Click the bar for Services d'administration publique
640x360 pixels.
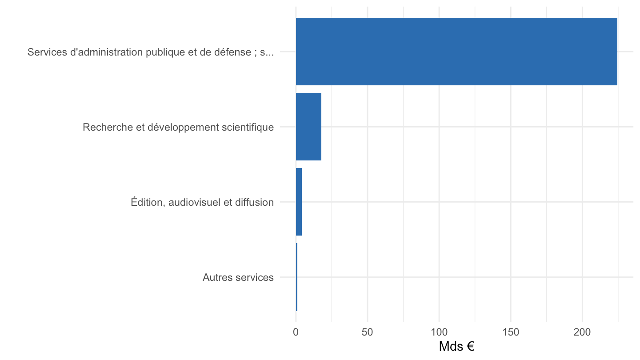pos(456,52)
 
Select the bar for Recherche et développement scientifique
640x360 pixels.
pos(308,127)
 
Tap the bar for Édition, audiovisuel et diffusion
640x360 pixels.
pos(299,202)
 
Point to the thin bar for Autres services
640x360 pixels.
pos(296,277)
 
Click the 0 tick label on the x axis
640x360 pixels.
pos(296,332)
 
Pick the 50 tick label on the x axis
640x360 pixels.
pos(367,332)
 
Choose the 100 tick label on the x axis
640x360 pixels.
pos(439,332)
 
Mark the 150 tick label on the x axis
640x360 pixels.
pos(511,332)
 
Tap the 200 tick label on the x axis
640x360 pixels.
pos(582,332)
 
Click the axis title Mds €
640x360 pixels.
pos(456,347)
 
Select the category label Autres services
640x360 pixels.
pos(238,277)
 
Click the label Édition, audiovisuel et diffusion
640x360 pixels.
pos(202,202)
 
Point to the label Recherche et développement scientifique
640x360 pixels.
pos(178,127)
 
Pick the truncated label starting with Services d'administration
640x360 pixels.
pos(151,52)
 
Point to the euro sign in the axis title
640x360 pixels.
pos(470,347)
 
